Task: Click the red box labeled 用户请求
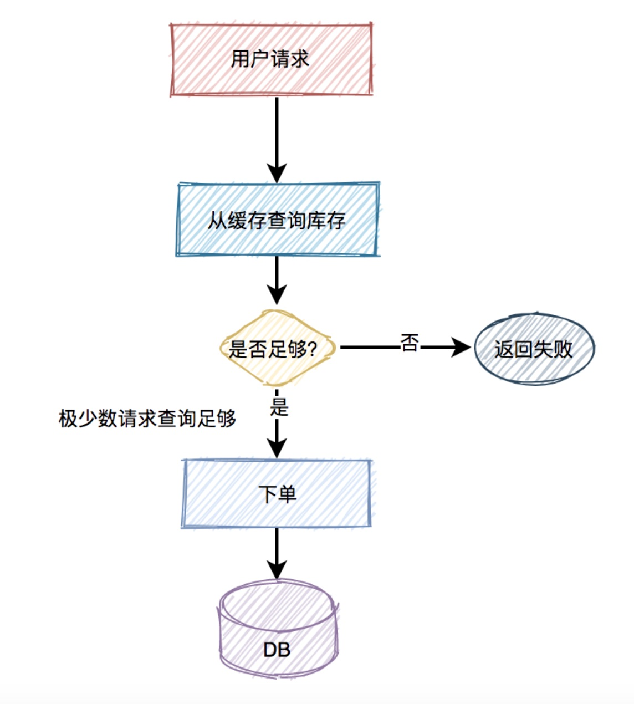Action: click(271, 59)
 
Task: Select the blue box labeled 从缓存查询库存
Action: click(277, 220)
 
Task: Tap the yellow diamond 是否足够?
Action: click(277, 348)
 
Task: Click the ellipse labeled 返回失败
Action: click(534, 349)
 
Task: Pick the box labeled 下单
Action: click(277, 493)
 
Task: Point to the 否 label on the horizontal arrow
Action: click(409, 343)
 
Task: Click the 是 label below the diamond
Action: click(279, 407)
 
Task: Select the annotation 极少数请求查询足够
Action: click(147, 419)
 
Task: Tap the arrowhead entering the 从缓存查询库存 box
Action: click(277, 173)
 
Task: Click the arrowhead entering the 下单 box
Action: click(277, 447)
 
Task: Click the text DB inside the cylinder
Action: click(277, 649)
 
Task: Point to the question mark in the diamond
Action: click(312, 349)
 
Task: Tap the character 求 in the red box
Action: click(299, 59)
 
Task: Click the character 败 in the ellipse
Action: click(563, 349)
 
